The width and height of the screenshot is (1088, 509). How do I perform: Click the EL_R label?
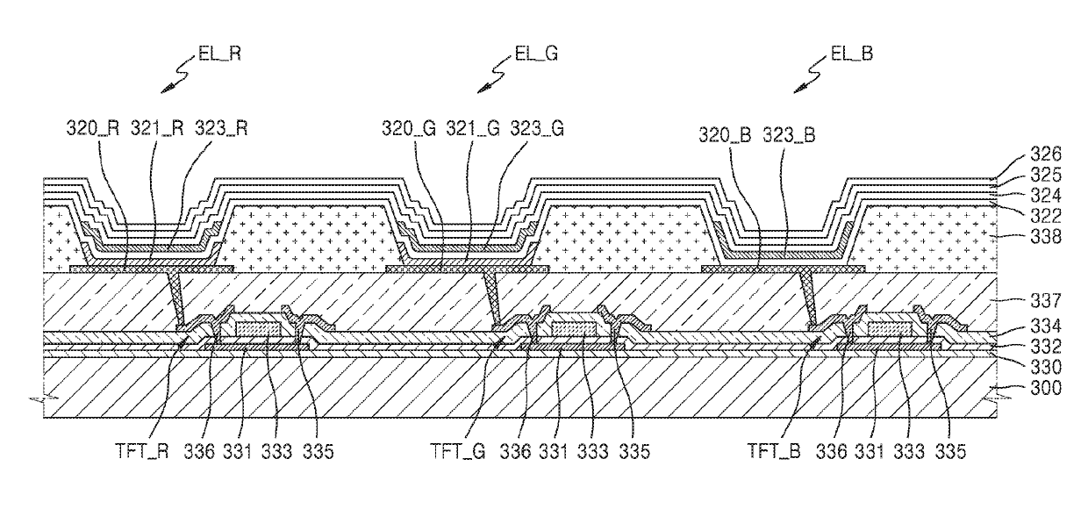(x=219, y=54)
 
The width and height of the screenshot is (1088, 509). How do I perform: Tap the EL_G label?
(x=536, y=54)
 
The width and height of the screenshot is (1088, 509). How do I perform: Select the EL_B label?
(x=852, y=54)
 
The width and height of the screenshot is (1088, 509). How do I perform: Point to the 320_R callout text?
(x=93, y=129)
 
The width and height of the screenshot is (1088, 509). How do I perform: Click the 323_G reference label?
(x=537, y=129)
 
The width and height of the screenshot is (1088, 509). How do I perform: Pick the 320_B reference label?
(x=725, y=134)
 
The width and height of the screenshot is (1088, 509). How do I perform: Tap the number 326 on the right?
(x=1046, y=154)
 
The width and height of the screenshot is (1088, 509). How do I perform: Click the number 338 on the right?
(x=1046, y=237)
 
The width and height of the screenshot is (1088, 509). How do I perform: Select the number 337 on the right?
(x=1046, y=301)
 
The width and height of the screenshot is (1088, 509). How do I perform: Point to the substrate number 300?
(x=1046, y=388)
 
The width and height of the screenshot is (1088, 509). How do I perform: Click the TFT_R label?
(x=142, y=451)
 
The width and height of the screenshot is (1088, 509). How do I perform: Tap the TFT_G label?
(x=458, y=451)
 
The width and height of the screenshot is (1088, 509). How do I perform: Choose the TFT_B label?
(x=774, y=451)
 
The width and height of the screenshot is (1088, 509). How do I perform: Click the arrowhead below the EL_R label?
(x=168, y=89)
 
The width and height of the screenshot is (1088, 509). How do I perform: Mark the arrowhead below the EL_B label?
(x=801, y=89)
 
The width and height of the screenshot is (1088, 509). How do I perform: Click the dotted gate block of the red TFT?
(x=258, y=329)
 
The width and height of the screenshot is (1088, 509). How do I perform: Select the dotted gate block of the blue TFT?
(x=890, y=329)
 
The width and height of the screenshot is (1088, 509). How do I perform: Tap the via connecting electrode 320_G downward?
(x=492, y=298)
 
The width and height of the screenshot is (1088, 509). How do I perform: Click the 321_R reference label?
(x=157, y=129)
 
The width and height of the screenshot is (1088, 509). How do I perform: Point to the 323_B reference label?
(x=789, y=134)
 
